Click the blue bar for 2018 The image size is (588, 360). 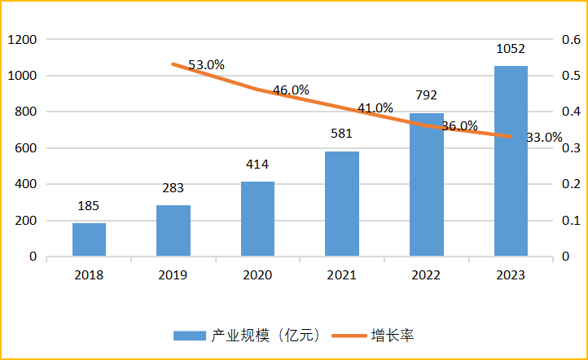tap(89, 239)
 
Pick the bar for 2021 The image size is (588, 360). tap(342, 204)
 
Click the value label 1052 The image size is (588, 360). tap(511, 50)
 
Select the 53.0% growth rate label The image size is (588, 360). tap(207, 64)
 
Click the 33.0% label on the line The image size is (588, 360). tap(544, 138)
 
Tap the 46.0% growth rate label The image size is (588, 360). tap(291, 90)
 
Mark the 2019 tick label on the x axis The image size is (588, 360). tap(173, 275)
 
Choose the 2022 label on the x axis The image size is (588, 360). tap(426, 275)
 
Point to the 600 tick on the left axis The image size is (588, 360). tap(26, 148)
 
